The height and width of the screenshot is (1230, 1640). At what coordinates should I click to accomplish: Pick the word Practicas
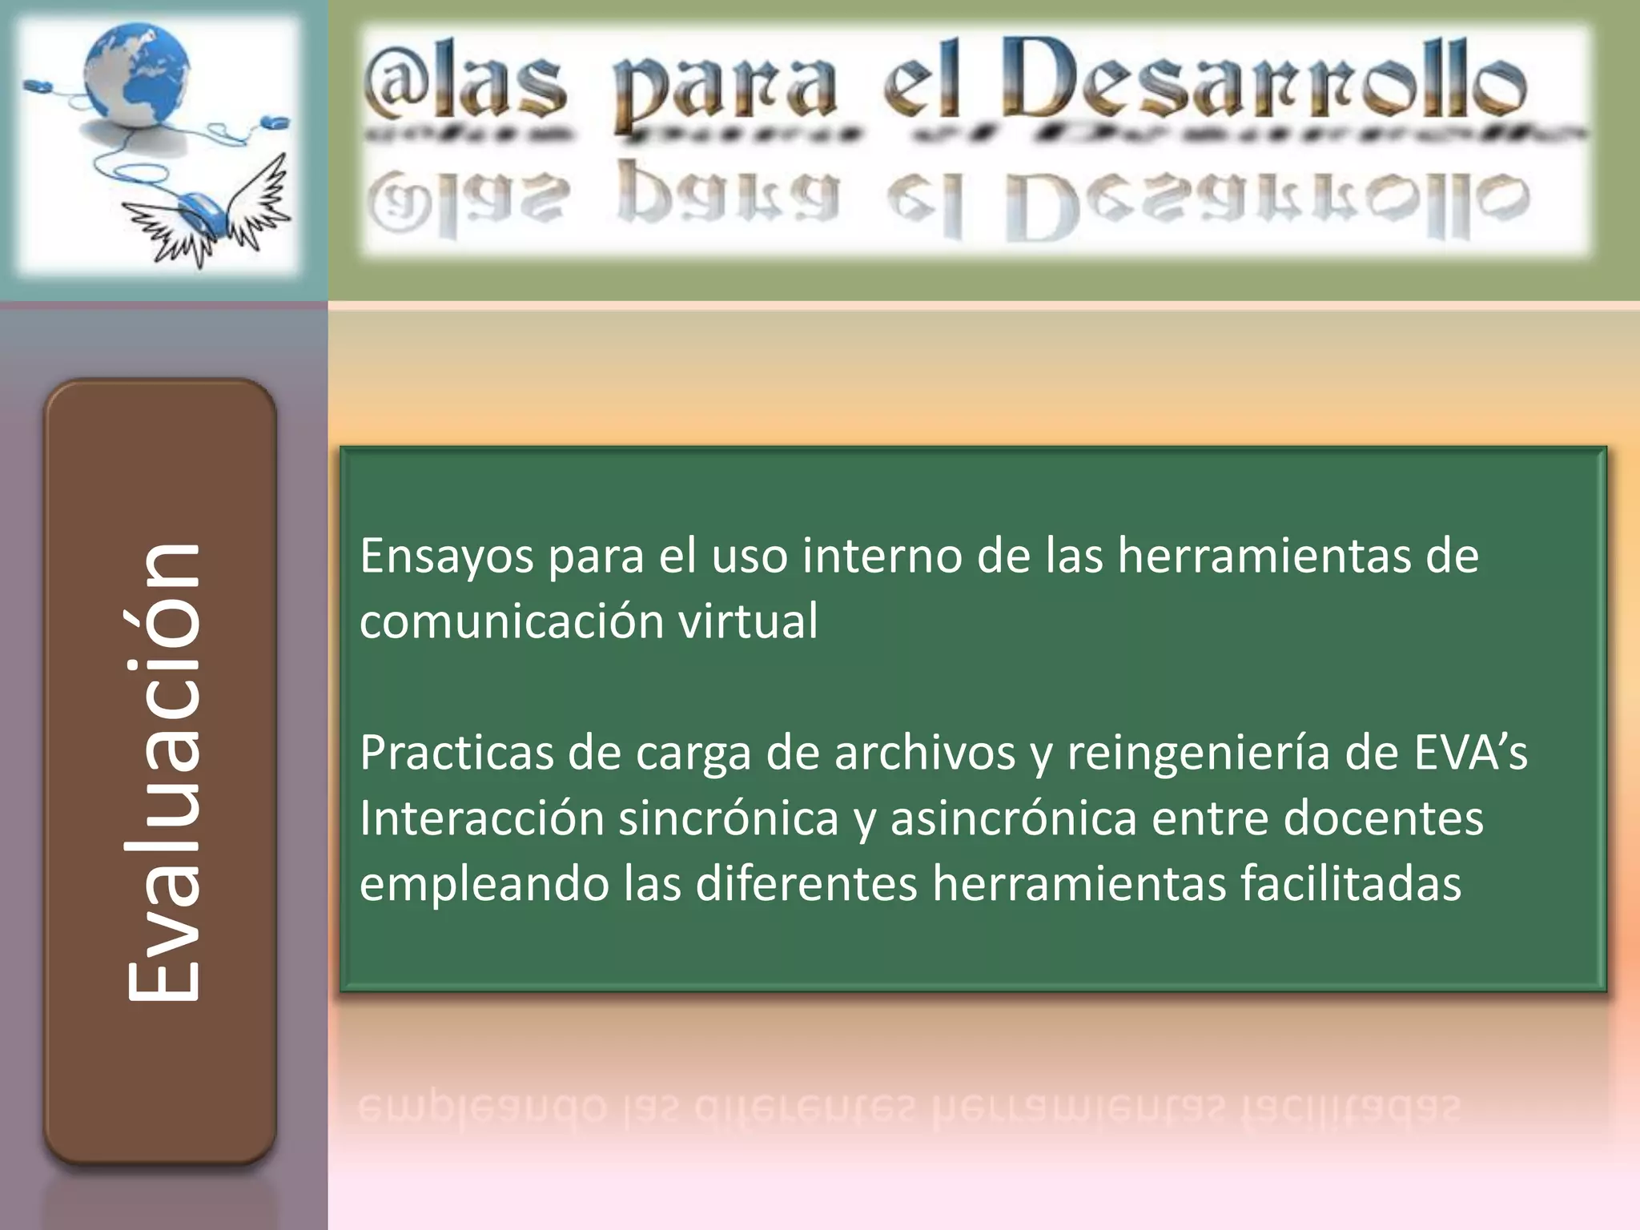tap(456, 754)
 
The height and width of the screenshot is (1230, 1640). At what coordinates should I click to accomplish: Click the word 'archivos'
tap(925, 754)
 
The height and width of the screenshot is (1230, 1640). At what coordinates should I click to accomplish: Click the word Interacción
tap(480, 819)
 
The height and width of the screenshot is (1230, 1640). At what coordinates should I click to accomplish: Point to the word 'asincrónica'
tap(1014, 819)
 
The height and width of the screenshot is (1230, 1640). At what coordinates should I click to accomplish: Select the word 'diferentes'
tap(806, 884)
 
